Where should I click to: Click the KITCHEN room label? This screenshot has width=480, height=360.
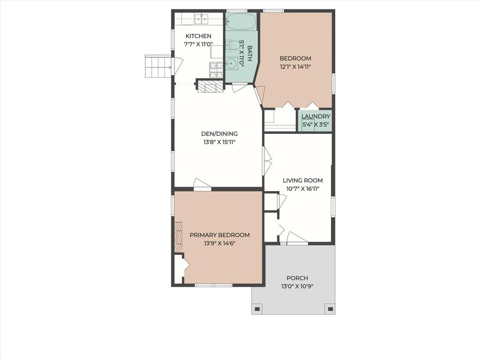tap(198, 36)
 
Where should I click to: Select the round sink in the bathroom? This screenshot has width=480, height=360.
tap(232, 64)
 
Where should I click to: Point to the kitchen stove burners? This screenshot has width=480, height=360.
tap(216, 69)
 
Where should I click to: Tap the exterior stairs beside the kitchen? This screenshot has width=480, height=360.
tap(158, 67)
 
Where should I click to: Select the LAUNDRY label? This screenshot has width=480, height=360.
tap(315, 116)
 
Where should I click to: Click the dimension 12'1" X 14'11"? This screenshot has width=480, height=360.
tap(295, 67)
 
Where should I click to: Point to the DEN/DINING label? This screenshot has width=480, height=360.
tap(219, 134)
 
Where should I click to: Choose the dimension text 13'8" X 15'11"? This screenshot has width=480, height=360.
tap(219, 142)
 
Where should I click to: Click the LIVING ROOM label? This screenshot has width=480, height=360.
tap(303, 180)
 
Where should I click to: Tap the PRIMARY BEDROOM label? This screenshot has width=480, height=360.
tap(219, 235)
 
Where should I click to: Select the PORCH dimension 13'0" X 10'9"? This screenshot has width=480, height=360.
tap(298, 286)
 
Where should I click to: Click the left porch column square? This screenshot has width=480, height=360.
tap(257, 308)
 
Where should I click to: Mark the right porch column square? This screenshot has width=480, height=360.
tap(330, 308)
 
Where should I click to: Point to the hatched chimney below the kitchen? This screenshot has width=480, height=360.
tap(210, 86)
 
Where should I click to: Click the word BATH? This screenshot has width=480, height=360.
tap(249, 53)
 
